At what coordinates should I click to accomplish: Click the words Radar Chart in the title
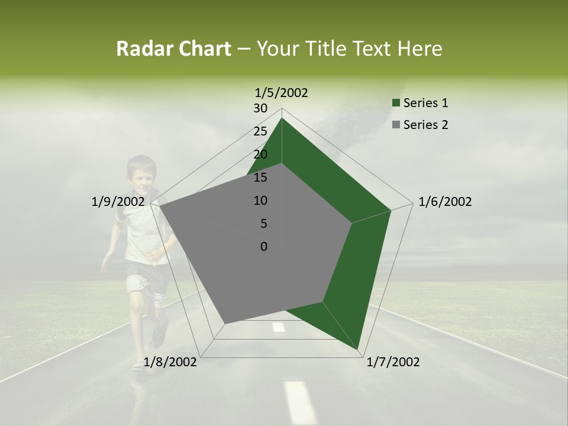[x=173, y=49]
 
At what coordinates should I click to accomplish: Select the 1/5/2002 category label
[x=282, y=92]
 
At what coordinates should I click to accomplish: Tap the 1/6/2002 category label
[x=445, y=202]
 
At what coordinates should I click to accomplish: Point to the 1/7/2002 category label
[x=393, y=362]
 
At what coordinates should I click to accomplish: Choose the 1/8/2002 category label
[x=170, y=362]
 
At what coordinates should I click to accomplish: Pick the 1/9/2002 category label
[x=118, y=202]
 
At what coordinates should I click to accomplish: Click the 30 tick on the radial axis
[x=260, y=108]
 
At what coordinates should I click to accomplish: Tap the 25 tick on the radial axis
[x=260, y=131]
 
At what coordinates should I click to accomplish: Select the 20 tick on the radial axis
[x=260, y=154]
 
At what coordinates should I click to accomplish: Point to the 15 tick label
[x=260, y=177]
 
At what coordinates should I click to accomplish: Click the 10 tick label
[x=260, y=201]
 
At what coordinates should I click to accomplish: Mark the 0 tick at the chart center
[x=264, y=247]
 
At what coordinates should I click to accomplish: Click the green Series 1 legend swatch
[x=396, y=103]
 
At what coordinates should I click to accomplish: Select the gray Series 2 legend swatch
[x=396, y=125]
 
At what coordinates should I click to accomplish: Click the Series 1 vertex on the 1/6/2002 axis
[x=390, y=210]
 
